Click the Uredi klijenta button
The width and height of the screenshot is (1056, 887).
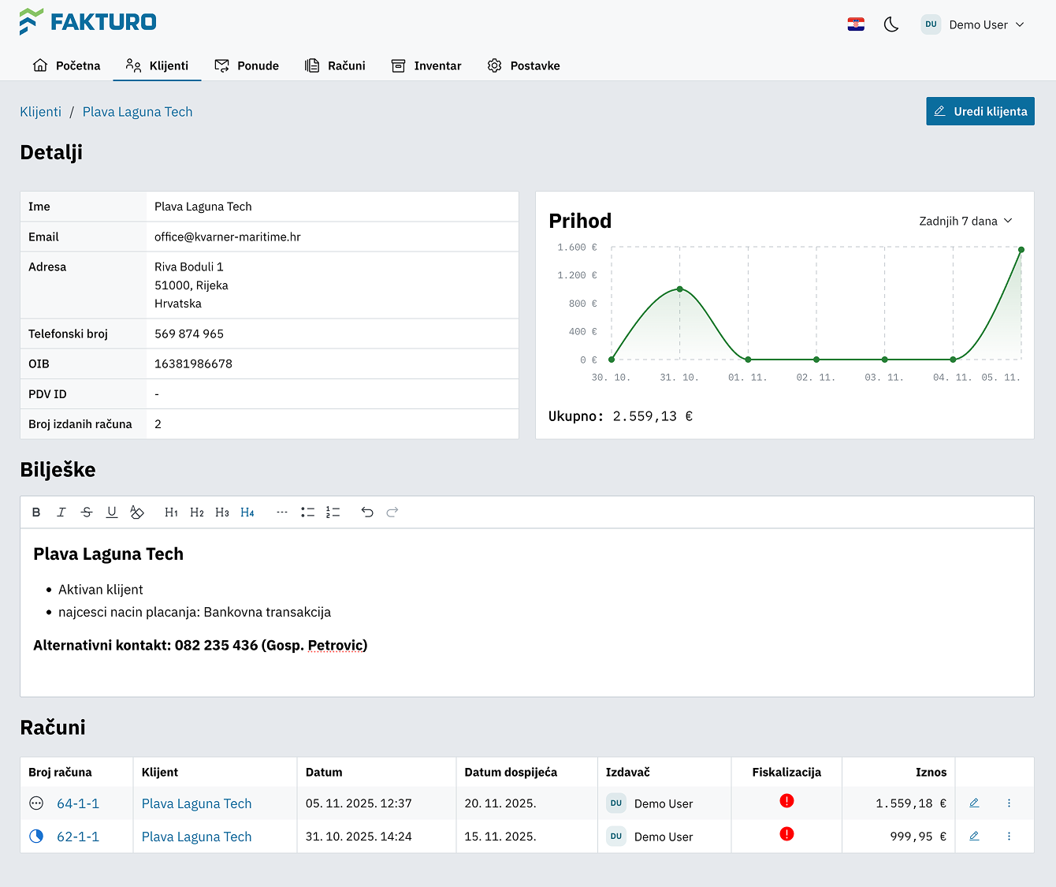coord(980,111)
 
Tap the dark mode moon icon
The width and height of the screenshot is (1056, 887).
coord(891,24)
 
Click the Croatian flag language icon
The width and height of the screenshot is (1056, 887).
coord(856,24)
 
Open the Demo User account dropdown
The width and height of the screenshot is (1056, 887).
coord(974,24)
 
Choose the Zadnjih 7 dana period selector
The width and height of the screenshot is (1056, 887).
coord(965,221)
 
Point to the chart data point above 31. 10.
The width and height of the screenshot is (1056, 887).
coord(680,289)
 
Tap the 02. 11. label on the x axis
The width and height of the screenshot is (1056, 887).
coord(816,378)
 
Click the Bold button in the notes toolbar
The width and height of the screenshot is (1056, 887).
coord(36,512)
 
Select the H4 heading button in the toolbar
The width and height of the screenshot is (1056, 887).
coord(247,512)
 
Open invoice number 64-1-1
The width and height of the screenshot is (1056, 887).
coord(78,803)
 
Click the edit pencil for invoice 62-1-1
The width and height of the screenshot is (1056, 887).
coord(974,836)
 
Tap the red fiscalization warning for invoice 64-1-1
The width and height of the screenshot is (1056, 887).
coord(786,801)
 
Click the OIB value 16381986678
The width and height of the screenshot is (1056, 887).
coord(193,363)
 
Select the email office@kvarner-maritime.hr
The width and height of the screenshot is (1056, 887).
coord(227,237)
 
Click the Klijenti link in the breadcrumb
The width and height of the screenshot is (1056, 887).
coord(40,112)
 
